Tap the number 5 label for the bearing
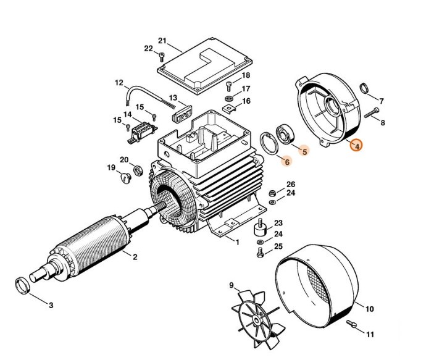coord(304,149)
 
